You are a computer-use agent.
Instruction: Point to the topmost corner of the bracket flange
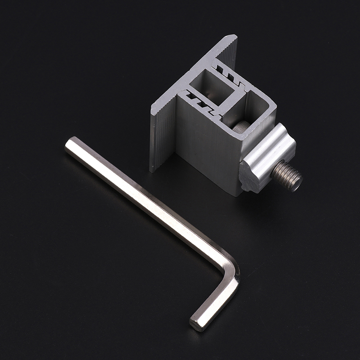pos(234,36)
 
